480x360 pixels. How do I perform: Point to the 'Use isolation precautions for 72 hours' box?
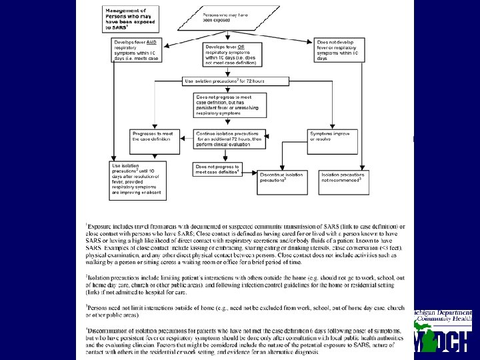235,81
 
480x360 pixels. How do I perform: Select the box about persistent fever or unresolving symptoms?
230,104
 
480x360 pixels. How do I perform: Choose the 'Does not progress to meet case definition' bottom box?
217,169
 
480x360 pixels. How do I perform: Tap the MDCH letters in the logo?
443,340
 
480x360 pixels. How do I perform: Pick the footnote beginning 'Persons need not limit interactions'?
243,310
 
